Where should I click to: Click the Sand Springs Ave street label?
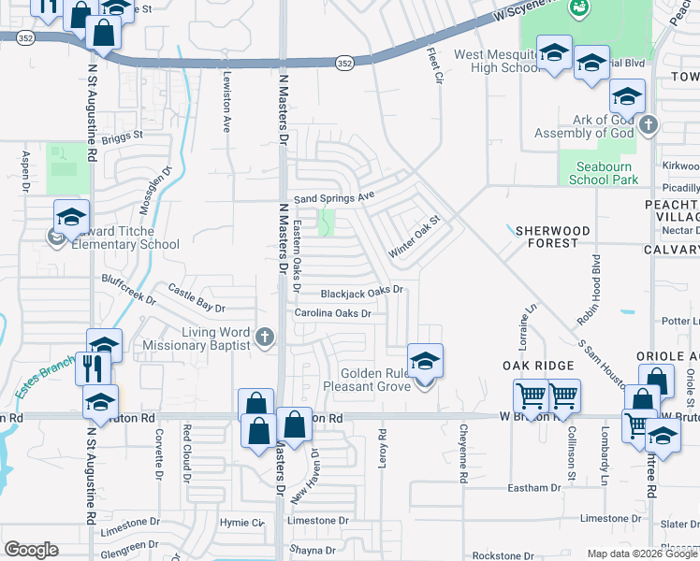pyautogui.click(x=334, y=198)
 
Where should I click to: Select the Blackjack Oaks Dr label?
pyautogui.click(x=362, y=291)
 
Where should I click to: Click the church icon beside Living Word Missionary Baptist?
pyautogui.click(x=265, y=338)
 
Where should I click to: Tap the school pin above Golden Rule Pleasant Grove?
pyautogui.click(x=425, y=362)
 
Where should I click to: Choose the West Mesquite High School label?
pyautogui.click(x=496, y=62)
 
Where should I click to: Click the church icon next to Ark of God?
pyautogui.click(x=649, y=123)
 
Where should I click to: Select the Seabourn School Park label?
pyautogui.click(x=604, y=172)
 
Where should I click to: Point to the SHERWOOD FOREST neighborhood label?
pyautogui.click(x=551, y=237)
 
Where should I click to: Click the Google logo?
pyautogui.click(x=32, y=550)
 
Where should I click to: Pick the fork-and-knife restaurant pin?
pyautogui.click(x=94, y=367)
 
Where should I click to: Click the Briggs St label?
pyautogui.click(x=122, y=135)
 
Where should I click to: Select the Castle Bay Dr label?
pyautogui.click(x=197, y=298)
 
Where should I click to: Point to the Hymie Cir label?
pyautogui.click(x=241, y=522)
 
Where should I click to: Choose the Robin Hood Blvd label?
pyautogui.click(x=588, y=289)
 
